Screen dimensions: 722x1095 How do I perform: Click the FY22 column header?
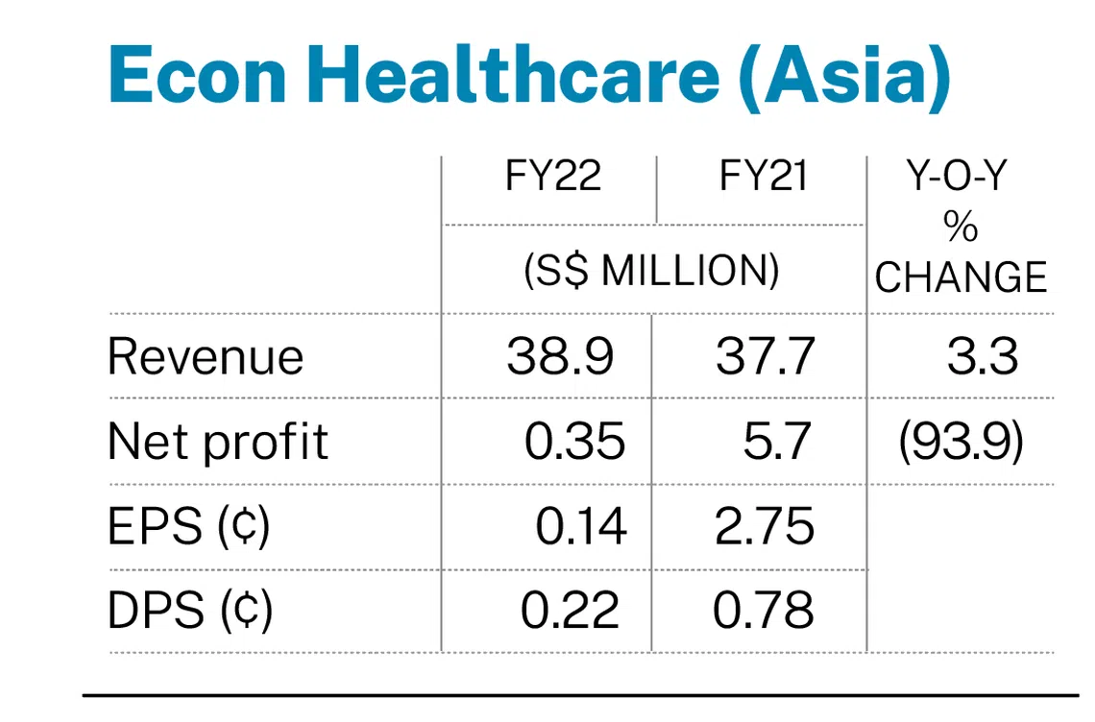(x=554, y=178)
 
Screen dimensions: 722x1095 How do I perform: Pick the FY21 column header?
(x=765, y=178)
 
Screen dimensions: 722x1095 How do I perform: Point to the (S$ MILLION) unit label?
(x=652, y=272)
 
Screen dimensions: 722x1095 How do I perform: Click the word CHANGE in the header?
(x=961, y=277)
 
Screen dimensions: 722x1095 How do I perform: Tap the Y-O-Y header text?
(x=961, y=178)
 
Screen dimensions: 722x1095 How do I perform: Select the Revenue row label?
(x=206, y=357)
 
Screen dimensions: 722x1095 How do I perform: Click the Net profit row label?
(x=218, y=443)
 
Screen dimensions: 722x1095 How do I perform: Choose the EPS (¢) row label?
(x=188, y=526)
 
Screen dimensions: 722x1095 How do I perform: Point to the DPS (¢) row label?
(x=190, y=611)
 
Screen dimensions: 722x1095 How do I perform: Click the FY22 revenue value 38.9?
(x=560, y=357)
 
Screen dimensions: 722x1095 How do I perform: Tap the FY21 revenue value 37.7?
(x=765, y=357)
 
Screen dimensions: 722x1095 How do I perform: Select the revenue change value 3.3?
(x=982, y=357)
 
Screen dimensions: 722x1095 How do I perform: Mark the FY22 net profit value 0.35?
(x=574, y=443)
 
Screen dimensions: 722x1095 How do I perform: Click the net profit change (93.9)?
(x=961, y=443)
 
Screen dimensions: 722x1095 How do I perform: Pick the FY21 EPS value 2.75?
(x=765, y=526)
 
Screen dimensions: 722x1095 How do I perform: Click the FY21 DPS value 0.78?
(x=765, y=611)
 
